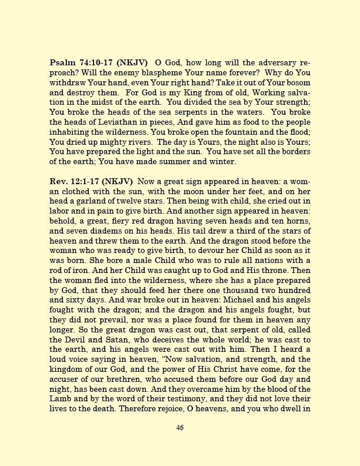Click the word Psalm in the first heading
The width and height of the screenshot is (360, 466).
point(62,62)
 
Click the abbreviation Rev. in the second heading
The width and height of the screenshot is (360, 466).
point(59,182)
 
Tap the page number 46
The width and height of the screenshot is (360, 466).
point(180,444)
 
